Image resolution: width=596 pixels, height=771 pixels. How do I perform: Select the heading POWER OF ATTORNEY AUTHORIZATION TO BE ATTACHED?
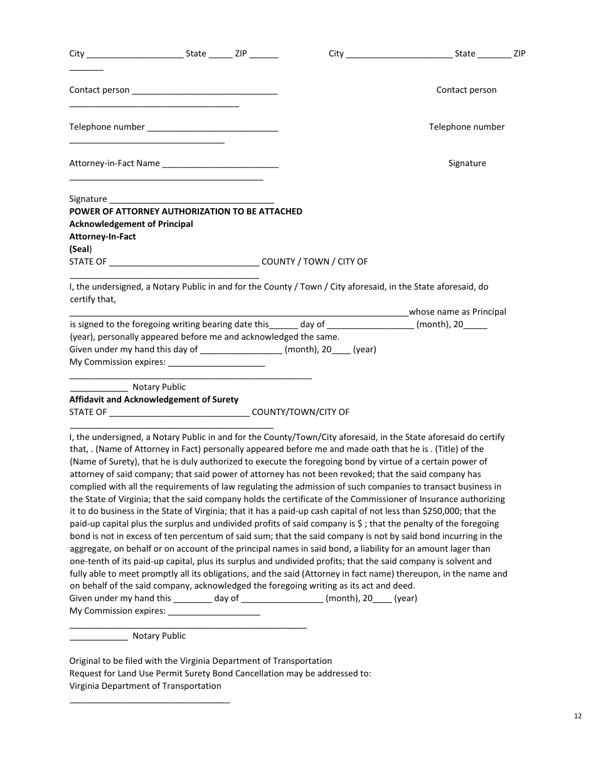pos(185,211)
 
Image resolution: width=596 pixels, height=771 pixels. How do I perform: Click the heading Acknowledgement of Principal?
pos(131,224)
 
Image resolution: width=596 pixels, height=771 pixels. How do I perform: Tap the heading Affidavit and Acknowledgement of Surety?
pos(154,399)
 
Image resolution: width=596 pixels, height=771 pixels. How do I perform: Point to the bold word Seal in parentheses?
pos(80,249)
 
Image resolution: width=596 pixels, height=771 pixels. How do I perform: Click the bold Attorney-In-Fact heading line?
pos(102,236)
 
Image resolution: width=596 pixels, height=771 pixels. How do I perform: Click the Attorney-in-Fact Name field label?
pos(114,164)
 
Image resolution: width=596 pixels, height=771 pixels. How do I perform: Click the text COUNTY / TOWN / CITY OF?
pos(314,261)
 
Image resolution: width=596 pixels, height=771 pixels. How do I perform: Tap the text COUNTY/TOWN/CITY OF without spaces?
pos(301,412)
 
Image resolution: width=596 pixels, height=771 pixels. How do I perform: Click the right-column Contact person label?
pos(466,90)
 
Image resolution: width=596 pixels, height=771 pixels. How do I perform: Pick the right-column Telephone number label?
pos(466,127)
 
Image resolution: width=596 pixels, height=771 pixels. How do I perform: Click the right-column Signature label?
pos(467,163)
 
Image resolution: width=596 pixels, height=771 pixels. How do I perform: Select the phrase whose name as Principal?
pos(457,312)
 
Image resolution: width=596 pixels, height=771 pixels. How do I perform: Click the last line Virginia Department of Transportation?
pos(145,686)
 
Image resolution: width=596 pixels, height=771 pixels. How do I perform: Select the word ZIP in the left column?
pos(241,54)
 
